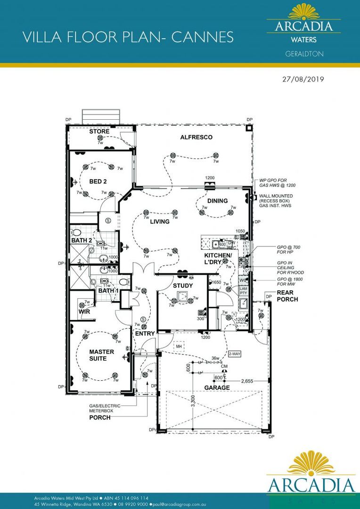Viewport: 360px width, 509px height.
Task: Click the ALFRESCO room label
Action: tap(196, 137)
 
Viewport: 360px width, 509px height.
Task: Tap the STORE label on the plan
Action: tap(99, 131)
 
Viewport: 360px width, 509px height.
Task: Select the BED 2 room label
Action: tap(98, 181)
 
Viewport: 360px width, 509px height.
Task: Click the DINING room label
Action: tap(217, 201)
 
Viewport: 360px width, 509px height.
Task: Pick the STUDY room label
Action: tap(183, 285)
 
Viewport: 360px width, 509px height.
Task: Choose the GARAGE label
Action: tap(217, 388)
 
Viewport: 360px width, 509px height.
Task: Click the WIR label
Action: tap(84, 312)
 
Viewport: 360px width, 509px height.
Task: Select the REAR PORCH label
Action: tap(287, 296)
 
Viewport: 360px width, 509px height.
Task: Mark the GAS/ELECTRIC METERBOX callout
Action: tap(105, 408)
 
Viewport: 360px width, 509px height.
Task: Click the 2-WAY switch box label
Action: tap(235, 353)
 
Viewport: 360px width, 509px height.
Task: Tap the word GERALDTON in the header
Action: tap(304, 54)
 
